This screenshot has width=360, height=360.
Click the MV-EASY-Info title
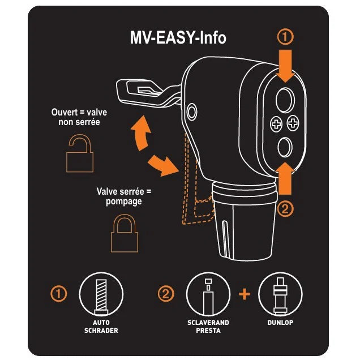[x=178, y=37]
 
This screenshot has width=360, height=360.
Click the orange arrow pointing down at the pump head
[x=285, y=66]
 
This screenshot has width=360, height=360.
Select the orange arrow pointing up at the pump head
[x=285, y=178]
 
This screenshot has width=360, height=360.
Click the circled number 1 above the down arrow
[x=285, y=37]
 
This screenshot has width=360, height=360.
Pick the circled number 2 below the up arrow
[x=285, y=209]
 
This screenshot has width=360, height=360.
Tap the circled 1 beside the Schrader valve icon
[x=58, y=294]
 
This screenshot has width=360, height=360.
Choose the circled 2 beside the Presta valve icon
[x=166, y=294]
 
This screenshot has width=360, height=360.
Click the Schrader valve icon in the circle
[x=101, y=294]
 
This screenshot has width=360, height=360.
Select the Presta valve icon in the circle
[x=208, y=294]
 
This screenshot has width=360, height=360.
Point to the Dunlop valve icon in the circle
[x=280, y=294]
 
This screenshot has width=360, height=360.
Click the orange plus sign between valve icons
[x=245, y=294]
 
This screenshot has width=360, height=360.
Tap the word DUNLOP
[x=280, y=323]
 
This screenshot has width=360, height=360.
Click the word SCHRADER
[x=101, y=331]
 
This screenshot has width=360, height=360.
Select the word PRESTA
[x=208, y=331]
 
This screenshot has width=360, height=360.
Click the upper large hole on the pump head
[x=285, y=100]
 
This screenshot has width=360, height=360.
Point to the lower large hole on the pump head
[x=285, y=147]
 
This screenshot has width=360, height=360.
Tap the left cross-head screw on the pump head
[x=276, y=124]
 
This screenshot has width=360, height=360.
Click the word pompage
[x=124, y=202]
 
